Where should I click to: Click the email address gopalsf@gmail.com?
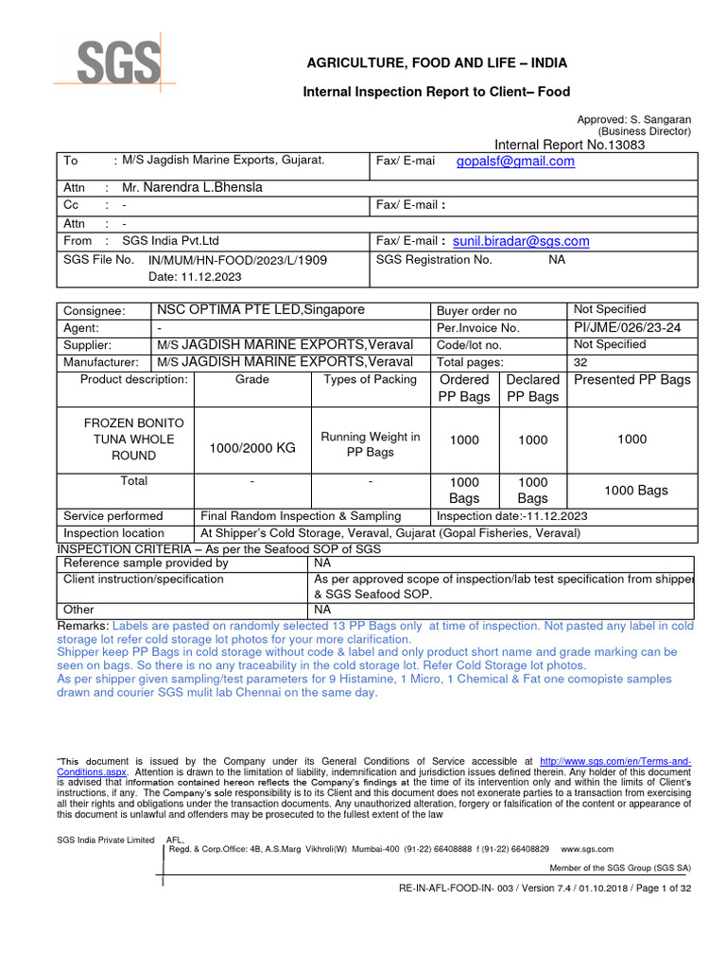515,162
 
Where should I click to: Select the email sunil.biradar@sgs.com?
521,241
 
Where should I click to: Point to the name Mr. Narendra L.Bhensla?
192,187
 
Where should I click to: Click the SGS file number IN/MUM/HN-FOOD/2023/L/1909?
237,259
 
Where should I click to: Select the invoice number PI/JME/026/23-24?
627,327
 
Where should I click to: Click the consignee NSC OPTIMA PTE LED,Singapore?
261,310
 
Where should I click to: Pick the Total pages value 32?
581,362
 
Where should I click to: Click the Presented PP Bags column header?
632,380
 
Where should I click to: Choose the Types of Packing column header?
370,380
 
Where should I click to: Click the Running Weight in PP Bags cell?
370,444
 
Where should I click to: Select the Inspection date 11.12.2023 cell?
511,516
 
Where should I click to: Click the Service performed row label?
112,516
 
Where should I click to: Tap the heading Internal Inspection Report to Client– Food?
436,92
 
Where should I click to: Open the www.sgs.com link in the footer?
587,849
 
